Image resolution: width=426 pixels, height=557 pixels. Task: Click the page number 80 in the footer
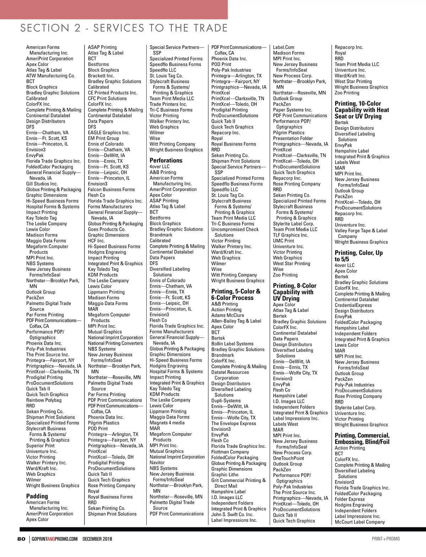21,539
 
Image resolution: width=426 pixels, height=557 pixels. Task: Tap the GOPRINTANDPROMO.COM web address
54,539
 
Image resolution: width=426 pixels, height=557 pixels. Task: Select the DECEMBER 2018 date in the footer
97,539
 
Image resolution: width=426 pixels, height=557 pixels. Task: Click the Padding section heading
37,496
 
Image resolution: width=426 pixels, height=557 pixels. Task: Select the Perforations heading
166,160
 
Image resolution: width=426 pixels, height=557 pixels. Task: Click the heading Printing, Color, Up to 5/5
359,256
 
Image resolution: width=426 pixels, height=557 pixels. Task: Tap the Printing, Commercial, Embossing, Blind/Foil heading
362,439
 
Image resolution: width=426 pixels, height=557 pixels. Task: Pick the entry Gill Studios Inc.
42,184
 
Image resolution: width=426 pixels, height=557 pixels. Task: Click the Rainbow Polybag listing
44,400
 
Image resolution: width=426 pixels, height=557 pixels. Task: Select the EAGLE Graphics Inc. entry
109,133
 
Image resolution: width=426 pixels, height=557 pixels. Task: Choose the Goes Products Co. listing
106,229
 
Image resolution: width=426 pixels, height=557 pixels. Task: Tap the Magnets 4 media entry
167,423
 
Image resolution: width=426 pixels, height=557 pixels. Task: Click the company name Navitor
157,462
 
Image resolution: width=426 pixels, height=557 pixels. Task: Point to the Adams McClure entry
228,315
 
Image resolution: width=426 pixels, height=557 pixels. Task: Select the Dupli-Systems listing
226,401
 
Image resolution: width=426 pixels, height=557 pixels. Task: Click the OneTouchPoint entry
289,458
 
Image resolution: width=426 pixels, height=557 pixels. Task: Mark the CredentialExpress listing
353,305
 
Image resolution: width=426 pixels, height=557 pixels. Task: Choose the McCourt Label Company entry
360,522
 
